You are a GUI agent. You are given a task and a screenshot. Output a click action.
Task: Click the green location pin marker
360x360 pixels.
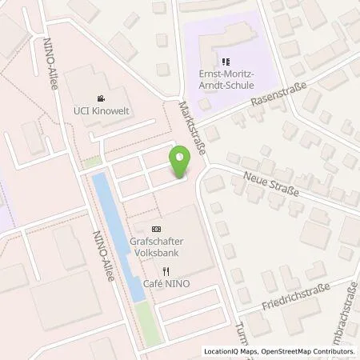pos(182,162)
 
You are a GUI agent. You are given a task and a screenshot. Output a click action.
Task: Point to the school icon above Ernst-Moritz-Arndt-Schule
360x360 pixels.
pos(225,60)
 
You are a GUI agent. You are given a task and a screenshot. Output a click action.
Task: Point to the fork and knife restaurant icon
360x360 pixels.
pos(166,271)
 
